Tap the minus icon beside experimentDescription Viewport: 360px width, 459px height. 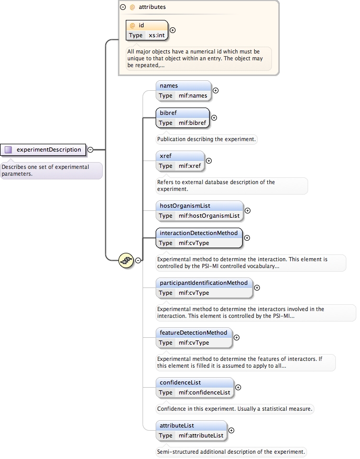(x=90, y=150)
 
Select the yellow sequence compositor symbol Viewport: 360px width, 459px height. (x=126, y=260)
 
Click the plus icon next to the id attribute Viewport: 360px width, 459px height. (x=173, y=30)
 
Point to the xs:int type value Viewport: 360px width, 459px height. (x=157, y=35)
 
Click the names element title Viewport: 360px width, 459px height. (x=169, y=86)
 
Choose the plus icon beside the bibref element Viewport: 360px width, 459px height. (x=214, y=118)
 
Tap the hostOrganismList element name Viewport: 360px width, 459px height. (x=185, y=206)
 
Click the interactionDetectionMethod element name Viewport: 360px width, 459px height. (x=199, y=233)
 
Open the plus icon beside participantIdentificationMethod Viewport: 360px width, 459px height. (x=257, y=287)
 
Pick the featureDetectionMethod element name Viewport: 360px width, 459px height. (x=193, y=333)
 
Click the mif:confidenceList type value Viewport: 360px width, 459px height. (x=204, y=392)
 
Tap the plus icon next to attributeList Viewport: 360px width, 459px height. (x=232, y=430)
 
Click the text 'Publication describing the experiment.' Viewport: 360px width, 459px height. (x=206, y=140)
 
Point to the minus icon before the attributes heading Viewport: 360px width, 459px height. (x=123, y=7)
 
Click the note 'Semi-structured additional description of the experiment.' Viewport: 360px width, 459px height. (x=231, y=452)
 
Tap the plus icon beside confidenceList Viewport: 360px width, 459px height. (x=238, y=387)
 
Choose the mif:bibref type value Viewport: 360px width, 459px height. (x=192, y=123)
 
